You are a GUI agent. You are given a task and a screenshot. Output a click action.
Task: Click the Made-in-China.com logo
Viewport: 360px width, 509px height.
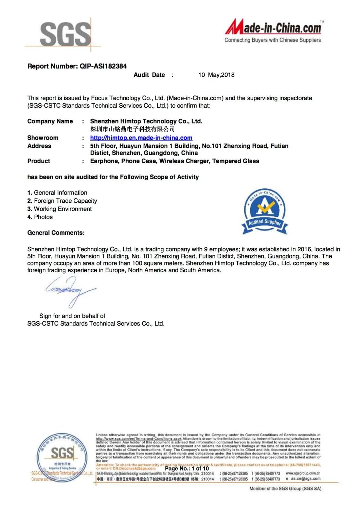tap(274, 27)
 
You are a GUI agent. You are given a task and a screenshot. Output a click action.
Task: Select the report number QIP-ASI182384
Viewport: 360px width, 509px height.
tap(103, 66)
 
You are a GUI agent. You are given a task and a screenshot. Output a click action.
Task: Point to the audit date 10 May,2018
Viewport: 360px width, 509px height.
tap(216, 75)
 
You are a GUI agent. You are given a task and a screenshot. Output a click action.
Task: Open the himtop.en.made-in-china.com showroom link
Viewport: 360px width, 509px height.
tap(141, 138)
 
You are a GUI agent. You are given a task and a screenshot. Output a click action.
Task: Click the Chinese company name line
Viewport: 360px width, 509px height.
tap(132, 129)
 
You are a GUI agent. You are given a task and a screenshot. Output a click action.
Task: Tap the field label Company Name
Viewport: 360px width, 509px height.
tap(50, 121)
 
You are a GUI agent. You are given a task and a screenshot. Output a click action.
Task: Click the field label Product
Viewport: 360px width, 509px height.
tap(38, 161)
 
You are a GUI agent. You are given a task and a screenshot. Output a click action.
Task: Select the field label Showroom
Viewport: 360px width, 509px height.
tap(43, 138)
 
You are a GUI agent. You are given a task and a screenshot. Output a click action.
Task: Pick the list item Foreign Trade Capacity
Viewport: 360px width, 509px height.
tap(65, 201)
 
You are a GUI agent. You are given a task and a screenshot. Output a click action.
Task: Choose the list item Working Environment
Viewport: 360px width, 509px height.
tap(62, 209)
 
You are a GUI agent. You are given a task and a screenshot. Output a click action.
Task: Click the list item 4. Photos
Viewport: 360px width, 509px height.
tap(40, 217)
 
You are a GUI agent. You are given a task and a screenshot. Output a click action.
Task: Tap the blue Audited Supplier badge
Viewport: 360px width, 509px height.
tap(265, 211)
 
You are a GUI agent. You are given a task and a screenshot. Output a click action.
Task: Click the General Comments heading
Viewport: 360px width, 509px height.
tap(56, 233)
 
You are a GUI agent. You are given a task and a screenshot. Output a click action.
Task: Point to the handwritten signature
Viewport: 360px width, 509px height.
tap(70, 290)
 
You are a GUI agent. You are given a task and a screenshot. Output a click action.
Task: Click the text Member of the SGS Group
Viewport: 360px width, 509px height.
tap(285, 488)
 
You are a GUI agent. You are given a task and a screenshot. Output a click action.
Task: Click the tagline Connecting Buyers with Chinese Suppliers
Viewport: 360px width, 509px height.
tap(272, 40)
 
